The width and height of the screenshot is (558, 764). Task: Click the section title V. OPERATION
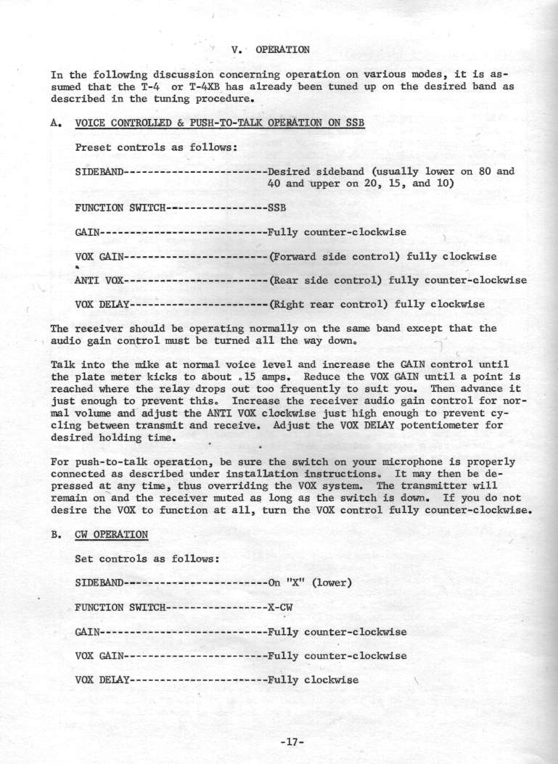pyautogui.click(x=270, y=50)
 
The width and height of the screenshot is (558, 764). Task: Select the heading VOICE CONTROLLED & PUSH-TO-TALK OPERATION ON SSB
pyautogui.click(x=220, y=123)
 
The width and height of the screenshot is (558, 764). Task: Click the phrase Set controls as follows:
pyautogui.click(x=144, y=559)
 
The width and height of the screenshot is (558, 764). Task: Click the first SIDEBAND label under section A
pyautogui.click(x=100, y=172)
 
